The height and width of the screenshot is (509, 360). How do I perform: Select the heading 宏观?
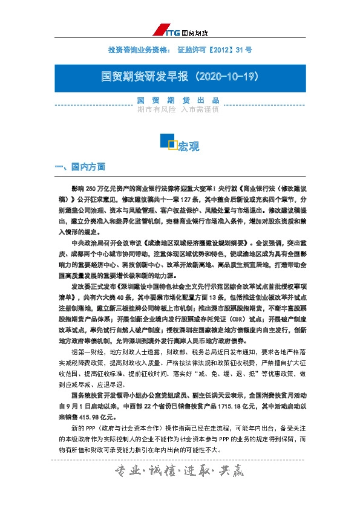click(188, 147)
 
